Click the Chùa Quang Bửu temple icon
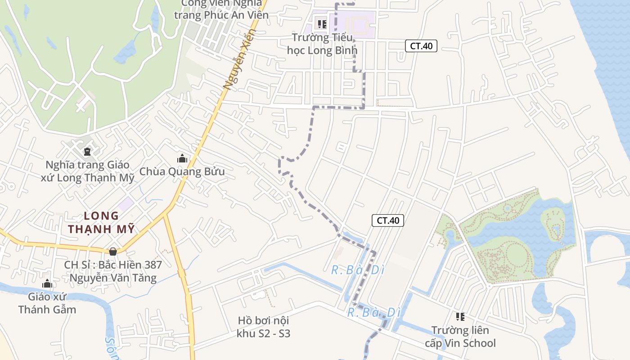pyautogui.click(x=182, y=158)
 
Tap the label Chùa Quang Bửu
pyautogui.click(x=182, y=171)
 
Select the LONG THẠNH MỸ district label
pyautogui.click(x=101, y=222)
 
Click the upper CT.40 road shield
pyautogui.click(x=421, y=45)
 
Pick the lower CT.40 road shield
pyautogui.click(x=388, y=220)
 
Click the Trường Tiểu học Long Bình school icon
pyautogui.click(x=322, y=24)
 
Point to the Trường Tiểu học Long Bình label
pyautogui.click(x=322, y=44)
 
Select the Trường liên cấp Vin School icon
pyautogui.click(x=460, y=317)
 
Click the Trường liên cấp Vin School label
pyautogui.click(x=460, y=337)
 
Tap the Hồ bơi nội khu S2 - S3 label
pyautogui.click(x=263, y=327)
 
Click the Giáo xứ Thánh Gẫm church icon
pyautogui.click(x=47, y=284)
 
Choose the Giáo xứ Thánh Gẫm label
pyautogui.click(x=47, y=303)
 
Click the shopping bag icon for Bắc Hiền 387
pyautogui.click(x=112, y=251)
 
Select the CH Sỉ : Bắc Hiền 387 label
pyautogui.click(x=113, y=271)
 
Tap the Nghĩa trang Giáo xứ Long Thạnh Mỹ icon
pyautogui.click(x=87, y=152)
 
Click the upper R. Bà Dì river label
pyautogui.click(x=358, y=270)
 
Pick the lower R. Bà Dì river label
pyautogui.click(x=373, y=312)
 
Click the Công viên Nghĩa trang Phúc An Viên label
pyautogui.click(x=221, y=9)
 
